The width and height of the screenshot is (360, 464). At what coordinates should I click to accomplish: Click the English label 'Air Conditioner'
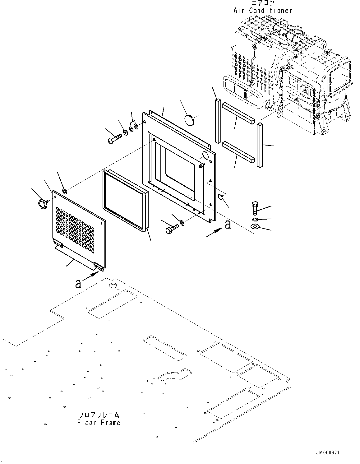click(263, 11)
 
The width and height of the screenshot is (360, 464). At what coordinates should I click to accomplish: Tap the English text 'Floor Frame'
click(99, 423)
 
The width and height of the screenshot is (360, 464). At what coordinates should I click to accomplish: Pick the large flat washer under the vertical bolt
click(255, 227)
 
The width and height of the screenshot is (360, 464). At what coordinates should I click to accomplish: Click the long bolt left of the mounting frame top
click(114, 138)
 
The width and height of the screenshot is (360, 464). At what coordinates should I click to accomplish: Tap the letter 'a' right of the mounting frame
click(228, 225)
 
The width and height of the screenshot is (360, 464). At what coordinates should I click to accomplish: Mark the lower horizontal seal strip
click(238, 152)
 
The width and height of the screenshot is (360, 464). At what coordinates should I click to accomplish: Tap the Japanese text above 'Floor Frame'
click(99, 415)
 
